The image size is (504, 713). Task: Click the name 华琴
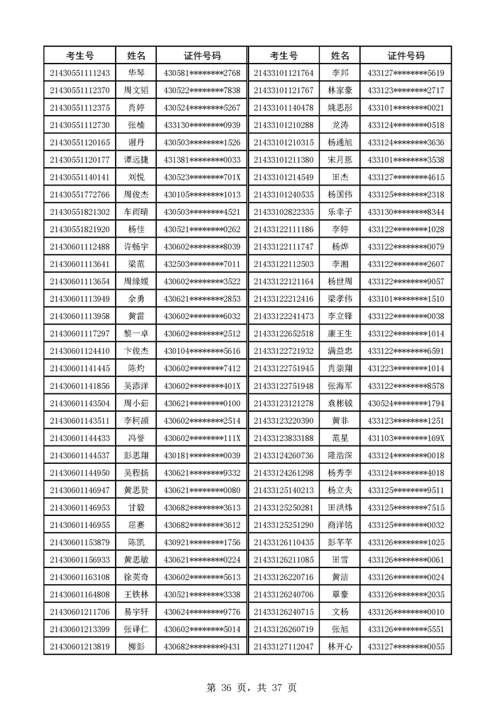click(136, 73)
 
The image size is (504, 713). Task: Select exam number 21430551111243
click(80, 73)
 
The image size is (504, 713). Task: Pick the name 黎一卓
click(136, 334)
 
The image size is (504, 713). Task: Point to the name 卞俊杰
click(136, 351)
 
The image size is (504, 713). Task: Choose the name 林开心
click(340, 647)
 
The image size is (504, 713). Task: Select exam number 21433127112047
click(283, 647)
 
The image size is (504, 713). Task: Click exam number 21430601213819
click(80, 647)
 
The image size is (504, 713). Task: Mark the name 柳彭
click(136, 647)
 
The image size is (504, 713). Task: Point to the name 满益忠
click(340, 351)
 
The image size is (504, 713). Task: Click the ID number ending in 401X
click(202, 386)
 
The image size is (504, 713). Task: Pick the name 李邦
click(340, 73)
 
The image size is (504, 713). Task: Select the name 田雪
click(340, 560)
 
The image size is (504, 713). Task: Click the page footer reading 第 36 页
click(225, 687)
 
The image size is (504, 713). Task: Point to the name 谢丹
click(136, 142)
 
